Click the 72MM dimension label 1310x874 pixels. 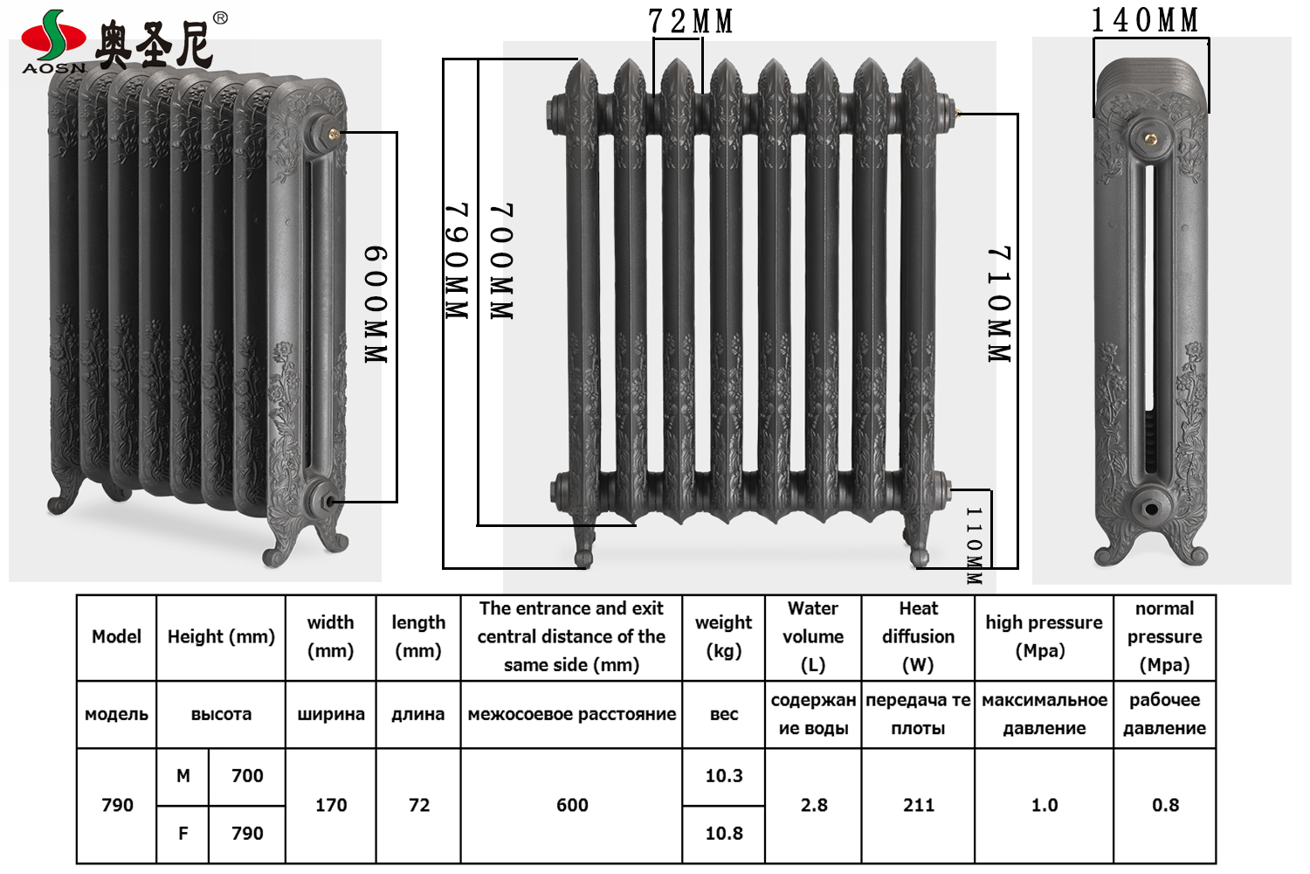tap(690, 21)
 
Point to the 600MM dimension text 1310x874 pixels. tap(376, 304)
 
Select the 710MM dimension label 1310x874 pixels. tap(999, 304)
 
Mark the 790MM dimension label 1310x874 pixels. tap(458, 261)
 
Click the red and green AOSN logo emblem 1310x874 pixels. tap(53, 35)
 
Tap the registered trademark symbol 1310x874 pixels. tap(220, 18)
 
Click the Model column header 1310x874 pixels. tap(116, 636)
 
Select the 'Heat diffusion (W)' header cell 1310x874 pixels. tap(918, 636)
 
